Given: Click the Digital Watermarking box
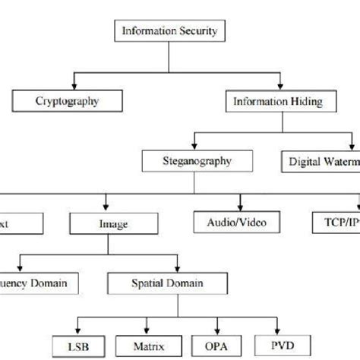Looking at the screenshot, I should click(322, 160).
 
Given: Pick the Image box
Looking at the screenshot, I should click(112, 224).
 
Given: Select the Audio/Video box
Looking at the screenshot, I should click(240, 224).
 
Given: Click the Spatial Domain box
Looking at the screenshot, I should click(180, 284).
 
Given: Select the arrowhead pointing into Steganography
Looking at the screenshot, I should click(195, 146).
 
